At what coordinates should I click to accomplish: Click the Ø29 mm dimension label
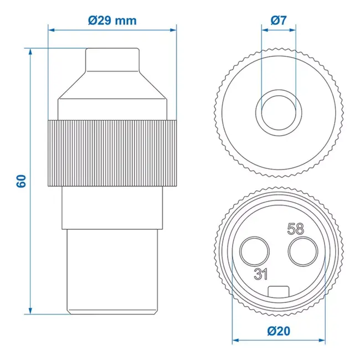click(112, 20)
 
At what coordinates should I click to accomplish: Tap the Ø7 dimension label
click(278, 20)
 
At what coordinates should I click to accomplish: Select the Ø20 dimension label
click(278, 331)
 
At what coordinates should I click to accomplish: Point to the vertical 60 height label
click(22, 181)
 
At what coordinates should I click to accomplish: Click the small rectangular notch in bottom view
click(278, 291)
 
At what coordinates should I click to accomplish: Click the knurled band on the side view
click(112, 153)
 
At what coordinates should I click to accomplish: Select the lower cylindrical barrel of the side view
click(112, 271)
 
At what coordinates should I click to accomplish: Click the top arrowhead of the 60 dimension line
click(31, 52)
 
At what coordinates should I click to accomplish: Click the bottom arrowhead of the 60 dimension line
click(31, 311)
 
